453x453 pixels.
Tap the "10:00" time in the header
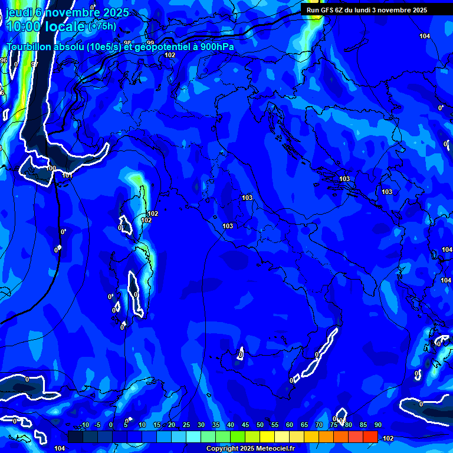click(23, 26)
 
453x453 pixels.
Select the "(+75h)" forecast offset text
click(102, 27)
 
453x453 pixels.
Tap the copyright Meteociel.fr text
click(250, 449)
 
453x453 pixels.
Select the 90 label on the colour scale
click(377, 425)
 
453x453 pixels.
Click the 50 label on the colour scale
click(260, 425)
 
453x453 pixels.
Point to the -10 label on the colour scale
click(84, 425)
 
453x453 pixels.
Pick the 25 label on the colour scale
click(186, 425)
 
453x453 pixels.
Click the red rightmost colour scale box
click(370, 436)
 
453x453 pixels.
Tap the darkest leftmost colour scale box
click(75, 436)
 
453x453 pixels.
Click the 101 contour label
click(67, 175)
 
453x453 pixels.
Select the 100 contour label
click(51, 169)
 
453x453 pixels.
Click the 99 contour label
click(150, 43)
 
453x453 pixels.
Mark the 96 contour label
click(4, 61)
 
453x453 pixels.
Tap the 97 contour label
click(34, 64)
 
